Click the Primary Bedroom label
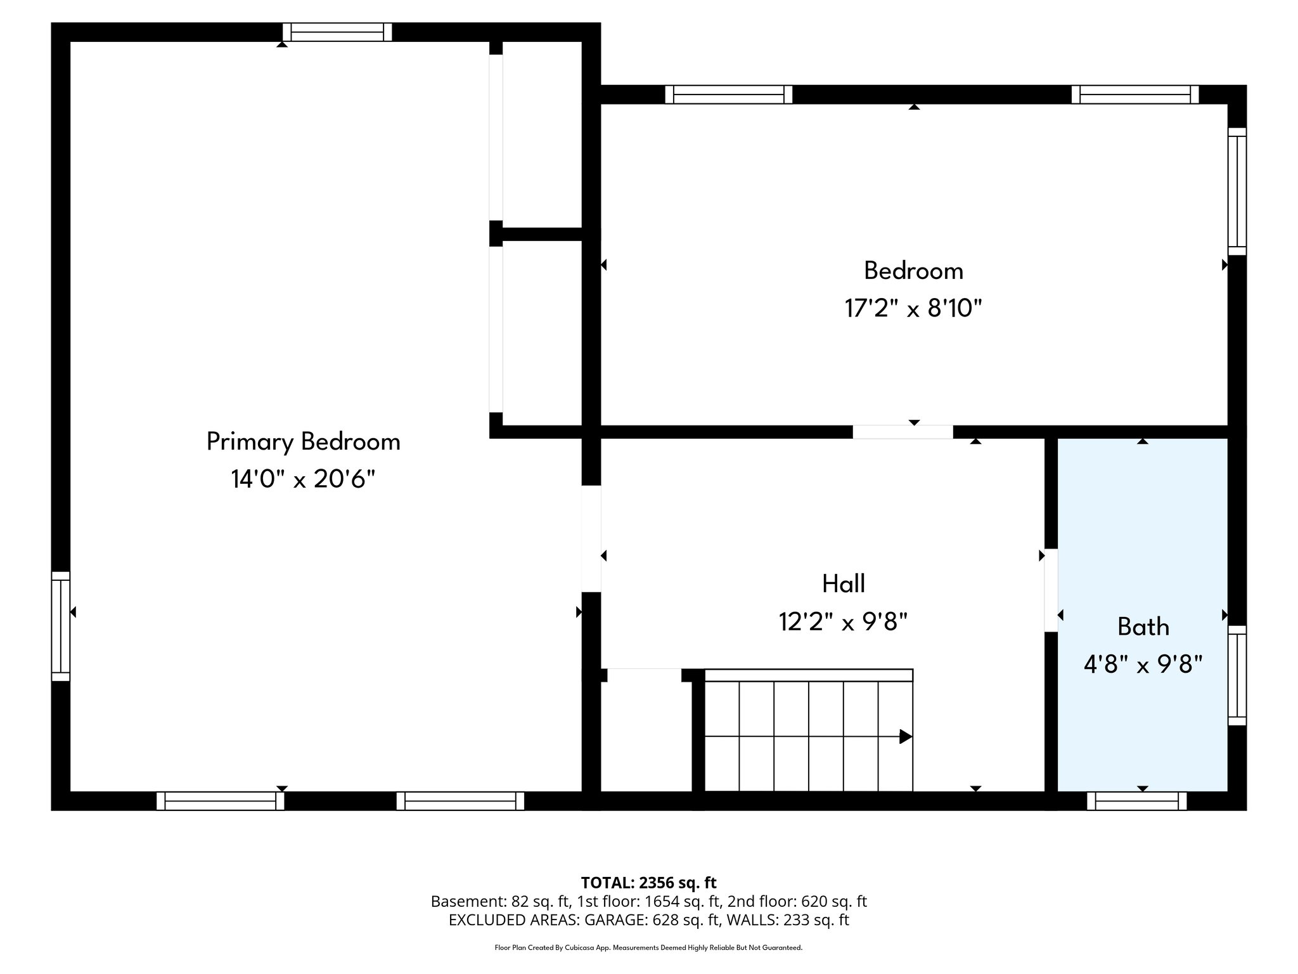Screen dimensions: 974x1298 (303, 441)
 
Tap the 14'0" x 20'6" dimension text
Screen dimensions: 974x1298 (303, 479)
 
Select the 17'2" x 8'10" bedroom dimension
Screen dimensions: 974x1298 (913, 309)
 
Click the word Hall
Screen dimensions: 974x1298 (843, 583)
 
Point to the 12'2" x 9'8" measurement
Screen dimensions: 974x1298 (843, 622)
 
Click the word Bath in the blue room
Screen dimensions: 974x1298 (1143, 627)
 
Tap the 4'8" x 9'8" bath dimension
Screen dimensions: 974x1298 (1143, 665)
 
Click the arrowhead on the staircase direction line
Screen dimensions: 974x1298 (906, 736)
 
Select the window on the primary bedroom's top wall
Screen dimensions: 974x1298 (337, 32)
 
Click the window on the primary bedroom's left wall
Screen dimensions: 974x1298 (60, 626)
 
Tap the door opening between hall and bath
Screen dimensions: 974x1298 (1050, 590)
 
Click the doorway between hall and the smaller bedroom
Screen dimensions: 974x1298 (902, 432)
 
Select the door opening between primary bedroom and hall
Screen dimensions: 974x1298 (591, 538)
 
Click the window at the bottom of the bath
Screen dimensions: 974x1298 (1136, 801)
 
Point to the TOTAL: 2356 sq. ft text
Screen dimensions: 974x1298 (648, 882)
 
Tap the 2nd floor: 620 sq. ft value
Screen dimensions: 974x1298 (797, 901)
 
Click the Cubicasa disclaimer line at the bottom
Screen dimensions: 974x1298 (648, 947)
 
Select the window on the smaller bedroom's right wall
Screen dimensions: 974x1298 (1237, 192)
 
